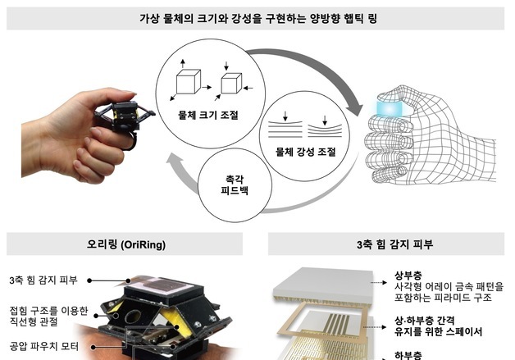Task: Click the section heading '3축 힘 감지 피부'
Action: [385, 244]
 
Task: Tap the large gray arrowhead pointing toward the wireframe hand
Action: [354, 107]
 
